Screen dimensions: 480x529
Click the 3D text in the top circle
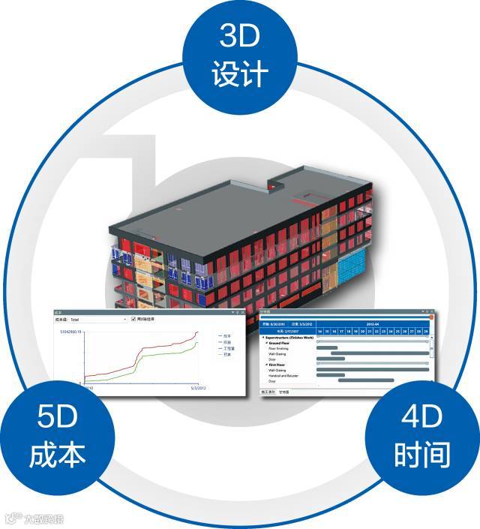point(240,36)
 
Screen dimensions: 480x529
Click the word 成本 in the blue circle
point(58,453)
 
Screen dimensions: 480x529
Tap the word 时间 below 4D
point(421,453)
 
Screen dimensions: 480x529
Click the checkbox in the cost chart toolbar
point(133,319)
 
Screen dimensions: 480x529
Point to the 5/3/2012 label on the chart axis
point(196,388)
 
